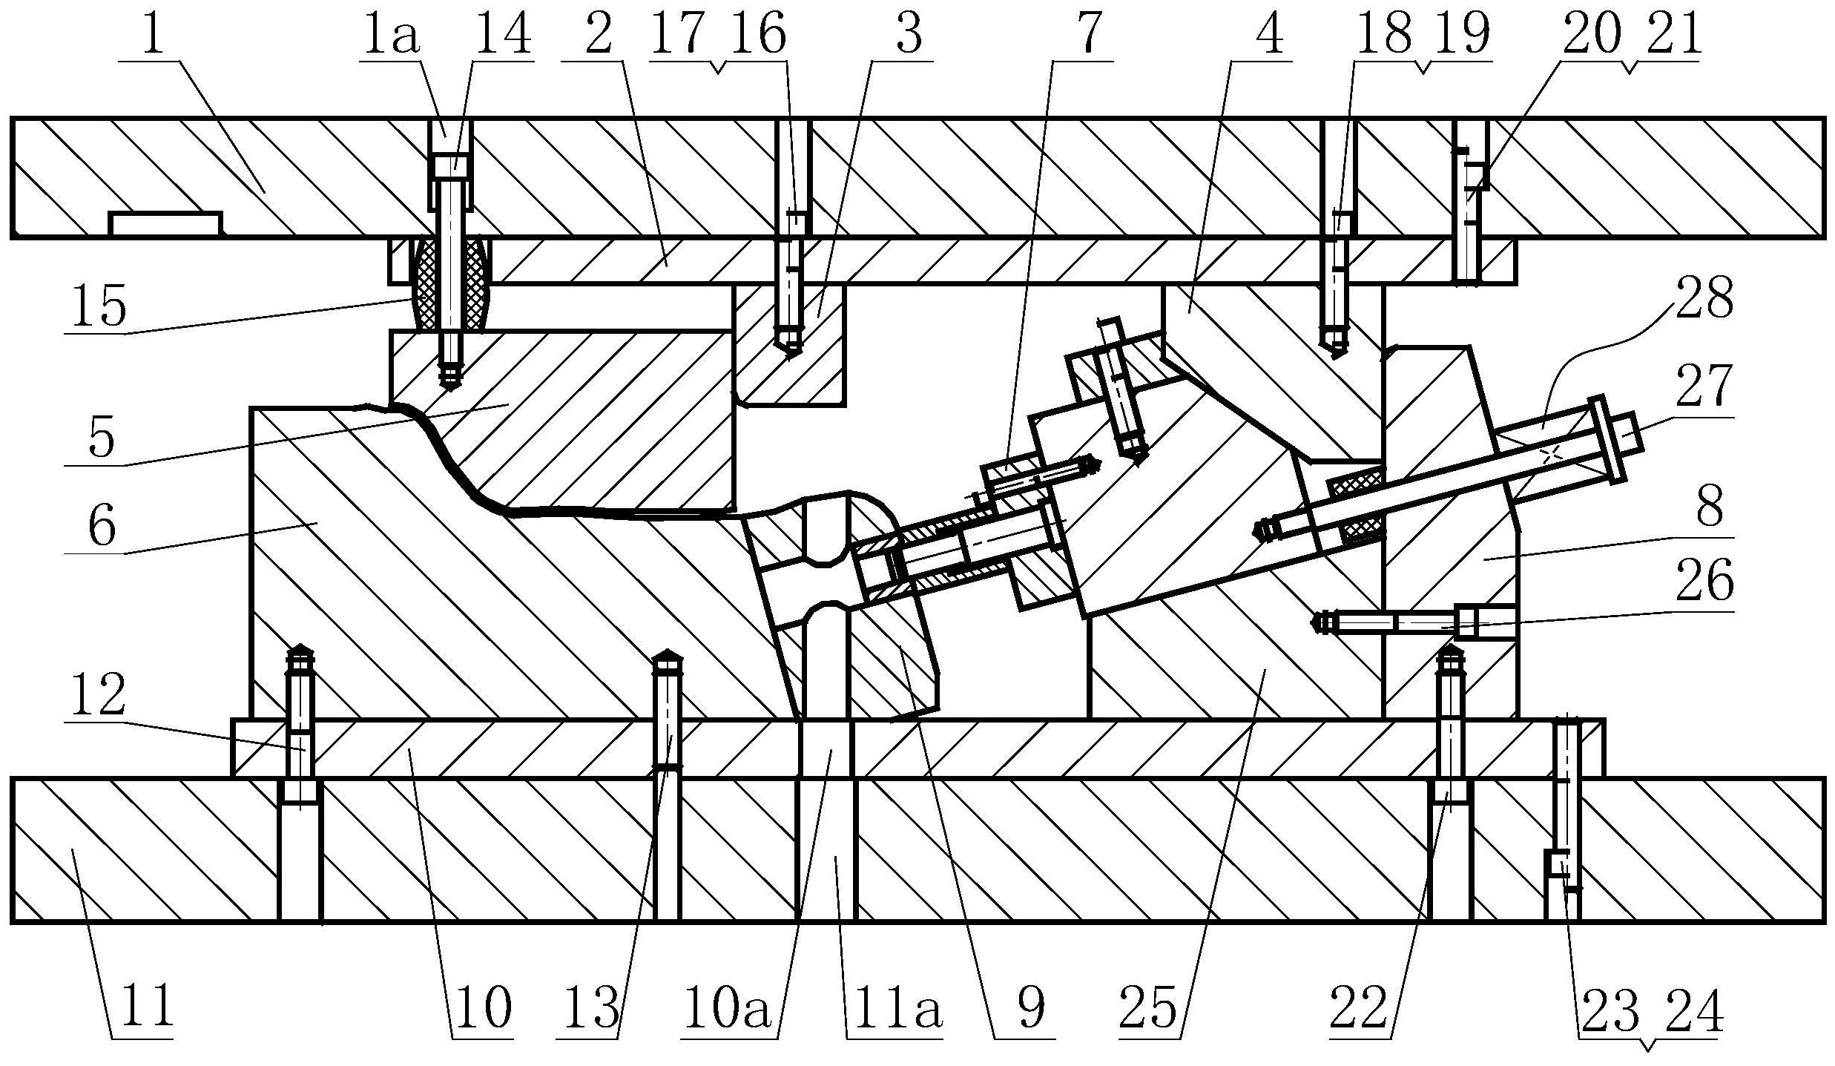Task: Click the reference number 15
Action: click(99, 306)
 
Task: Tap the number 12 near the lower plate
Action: click(99, 695)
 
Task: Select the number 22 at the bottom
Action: click(1359, 1007)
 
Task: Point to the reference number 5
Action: click(102, 438)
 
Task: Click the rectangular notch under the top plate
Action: click(165, 225)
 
